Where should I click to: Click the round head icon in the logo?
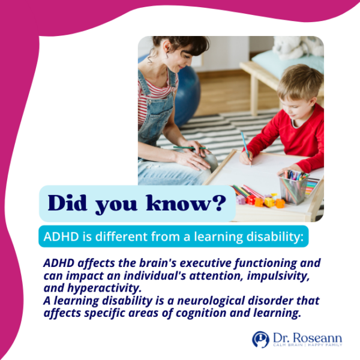260,339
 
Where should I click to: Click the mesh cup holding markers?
293,189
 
